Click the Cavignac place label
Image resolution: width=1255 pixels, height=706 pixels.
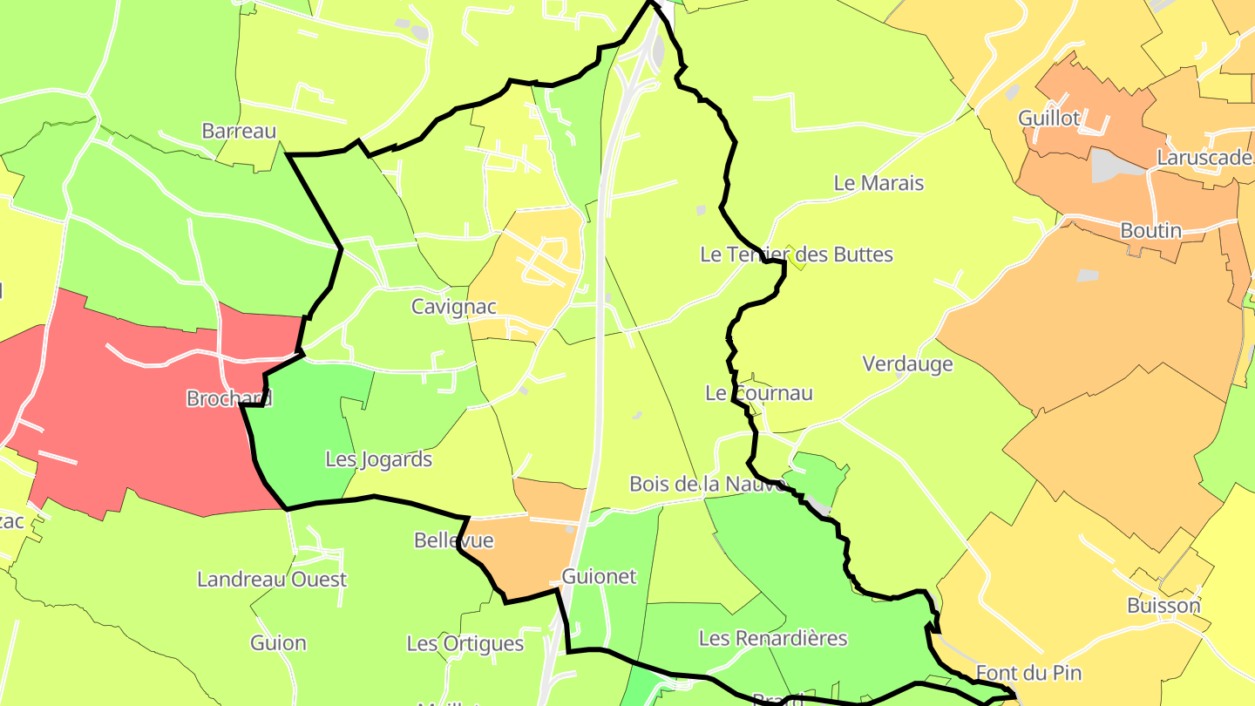454,307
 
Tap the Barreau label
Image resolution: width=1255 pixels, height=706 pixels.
239,131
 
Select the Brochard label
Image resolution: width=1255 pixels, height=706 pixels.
229,398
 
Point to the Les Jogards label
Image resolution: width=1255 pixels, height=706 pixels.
378,458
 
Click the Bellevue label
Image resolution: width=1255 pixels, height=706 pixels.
453,540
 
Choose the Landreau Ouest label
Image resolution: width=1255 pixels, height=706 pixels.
272,579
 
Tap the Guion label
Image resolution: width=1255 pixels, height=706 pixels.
278,643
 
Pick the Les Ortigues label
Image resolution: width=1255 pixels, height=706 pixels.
465,643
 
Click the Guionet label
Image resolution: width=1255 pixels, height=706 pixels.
600,576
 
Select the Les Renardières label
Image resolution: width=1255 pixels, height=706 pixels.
773,638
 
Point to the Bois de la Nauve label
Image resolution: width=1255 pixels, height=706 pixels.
708,484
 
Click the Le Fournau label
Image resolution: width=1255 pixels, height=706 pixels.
759,393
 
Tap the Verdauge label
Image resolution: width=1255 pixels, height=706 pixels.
907,363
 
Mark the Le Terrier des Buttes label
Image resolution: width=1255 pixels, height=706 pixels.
797,255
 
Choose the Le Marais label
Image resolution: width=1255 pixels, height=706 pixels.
878,183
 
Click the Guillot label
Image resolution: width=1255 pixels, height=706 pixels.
1049,118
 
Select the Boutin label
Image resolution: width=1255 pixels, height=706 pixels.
1150,231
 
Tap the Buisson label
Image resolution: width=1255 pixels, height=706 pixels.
1163,605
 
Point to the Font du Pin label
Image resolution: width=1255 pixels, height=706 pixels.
1028,673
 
